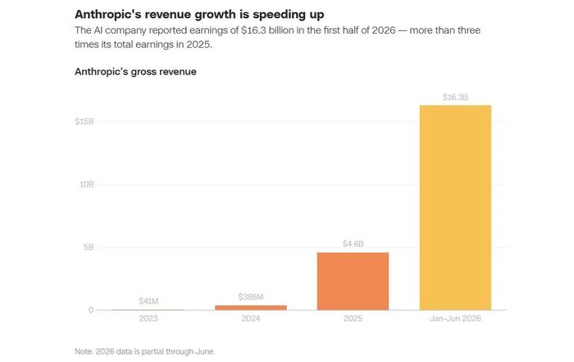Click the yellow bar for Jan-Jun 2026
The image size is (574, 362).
tap(455, 208)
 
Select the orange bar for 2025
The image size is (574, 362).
tap(353, 281)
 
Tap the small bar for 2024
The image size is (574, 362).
tap(251, 307)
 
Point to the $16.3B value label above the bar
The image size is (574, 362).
tap(455, 97)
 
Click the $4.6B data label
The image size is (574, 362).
tap(353, 244)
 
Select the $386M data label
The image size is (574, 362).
tap(251, 296)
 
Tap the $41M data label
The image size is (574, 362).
tap(148, 300)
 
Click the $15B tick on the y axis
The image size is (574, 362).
tap(84, 121)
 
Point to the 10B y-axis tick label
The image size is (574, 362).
tap(87, 184)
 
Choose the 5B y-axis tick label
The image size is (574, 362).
tap(89, 247)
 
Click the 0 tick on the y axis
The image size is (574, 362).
tap(91, 310)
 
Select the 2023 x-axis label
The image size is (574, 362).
tap(148, 318)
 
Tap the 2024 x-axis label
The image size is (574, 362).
tap(251, 318)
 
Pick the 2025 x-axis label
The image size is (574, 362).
tap(353, 318)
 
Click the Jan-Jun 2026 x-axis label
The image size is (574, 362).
tap(455, 318)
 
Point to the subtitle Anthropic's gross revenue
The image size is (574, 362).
tap(135, 71)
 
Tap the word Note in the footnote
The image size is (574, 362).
tap(83, 351)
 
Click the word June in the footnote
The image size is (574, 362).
tap(205, 351)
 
